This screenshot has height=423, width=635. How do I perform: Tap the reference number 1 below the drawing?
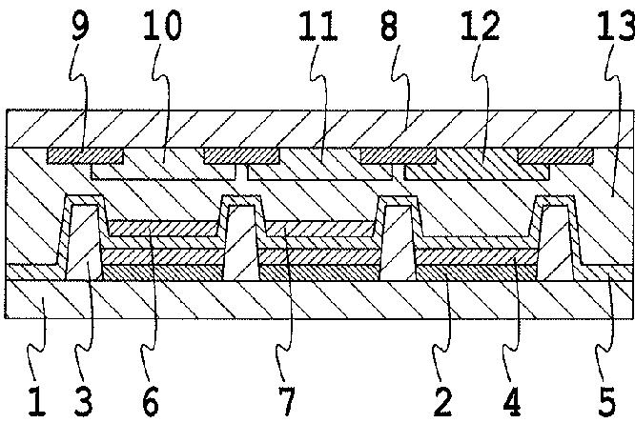pos(37,400)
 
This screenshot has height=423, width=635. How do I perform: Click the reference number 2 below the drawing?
pos(441,400)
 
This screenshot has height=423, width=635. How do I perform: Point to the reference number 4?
pos(516,400)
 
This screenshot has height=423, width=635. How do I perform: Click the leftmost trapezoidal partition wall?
pos(83,243)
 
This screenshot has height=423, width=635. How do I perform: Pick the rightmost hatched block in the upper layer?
pos(555,154)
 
